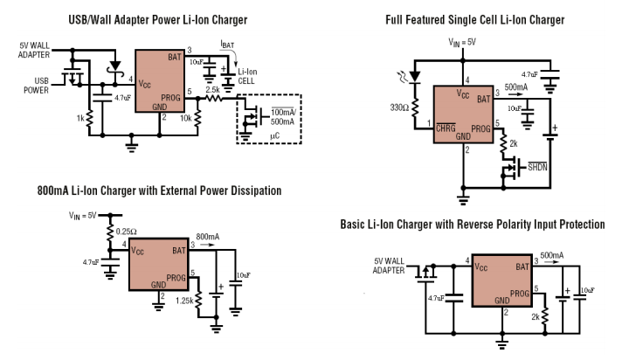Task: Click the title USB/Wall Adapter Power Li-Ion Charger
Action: click(x=156, y=19)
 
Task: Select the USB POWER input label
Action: click(x=36, y=87)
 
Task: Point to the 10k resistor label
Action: click(x=186, y=117)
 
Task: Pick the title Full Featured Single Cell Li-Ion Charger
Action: click(x=475, y=19)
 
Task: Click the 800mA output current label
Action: click(x=209, y=236)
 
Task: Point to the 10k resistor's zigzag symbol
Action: click(x=198, y=114)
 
